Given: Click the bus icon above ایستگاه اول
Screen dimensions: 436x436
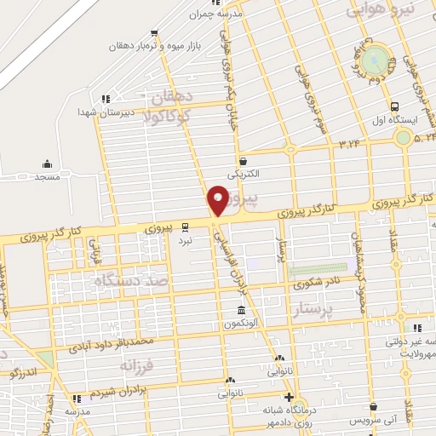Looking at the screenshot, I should tap(393, 107).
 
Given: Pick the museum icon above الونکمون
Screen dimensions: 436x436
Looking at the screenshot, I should tap(242, 309).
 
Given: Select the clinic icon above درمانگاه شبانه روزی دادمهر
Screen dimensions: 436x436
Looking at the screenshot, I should tap(290, 397).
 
